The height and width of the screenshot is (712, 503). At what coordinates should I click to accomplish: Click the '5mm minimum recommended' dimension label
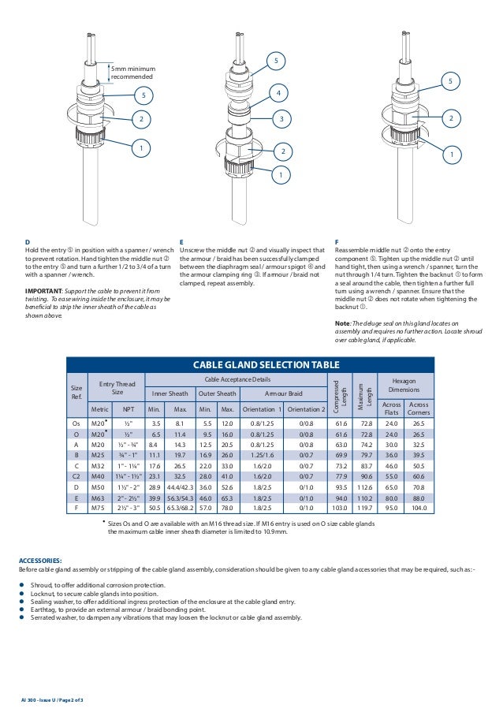(x=132, y=73)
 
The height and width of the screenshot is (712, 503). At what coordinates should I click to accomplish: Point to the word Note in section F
(x=342, y=324)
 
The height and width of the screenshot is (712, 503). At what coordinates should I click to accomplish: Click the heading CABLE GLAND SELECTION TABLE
(x=250, y=364)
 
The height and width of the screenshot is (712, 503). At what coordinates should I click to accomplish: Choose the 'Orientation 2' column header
(x=306, y=410)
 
